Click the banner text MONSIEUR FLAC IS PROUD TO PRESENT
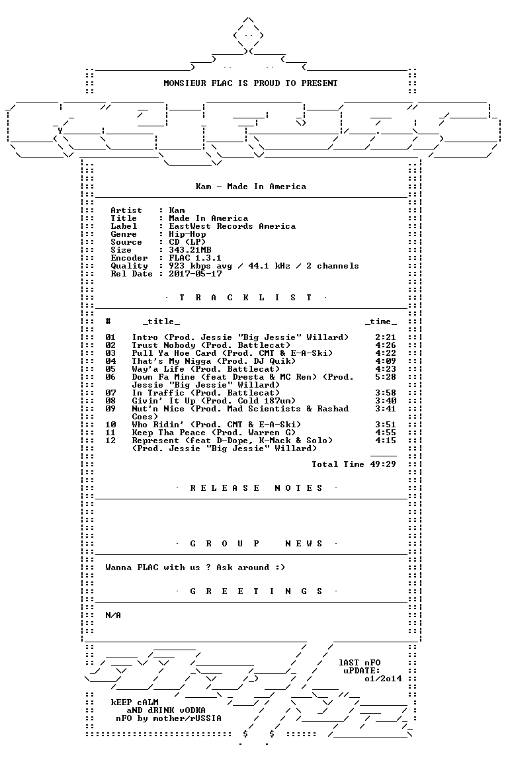[x=250, y=83]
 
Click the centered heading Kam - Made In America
[x=251, y=187]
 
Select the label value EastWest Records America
[x=232, y=226]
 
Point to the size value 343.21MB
[x=190, y=250]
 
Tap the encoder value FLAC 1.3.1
[x=195, y=258]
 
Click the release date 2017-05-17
[x=195, y=274]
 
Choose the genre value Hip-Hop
[x=187, y=234]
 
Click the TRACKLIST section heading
[x=245, y=298]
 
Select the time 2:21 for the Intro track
[x=386, y=337]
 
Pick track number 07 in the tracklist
[x=110, y=393]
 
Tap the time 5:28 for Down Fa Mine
[x=386, y=377]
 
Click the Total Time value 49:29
[x=383, y=464]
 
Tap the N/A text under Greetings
[x=113, y=615]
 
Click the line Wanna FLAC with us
[x=195, y=568]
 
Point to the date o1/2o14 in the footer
[x=383, y=679]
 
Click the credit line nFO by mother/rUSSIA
[x=168, y=719]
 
